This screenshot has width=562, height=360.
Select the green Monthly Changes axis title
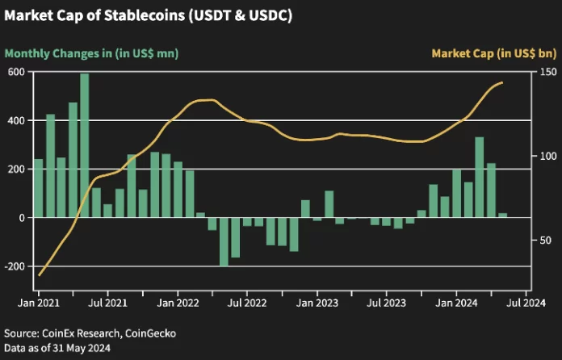[91, 53]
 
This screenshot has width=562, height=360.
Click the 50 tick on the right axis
[545, 241]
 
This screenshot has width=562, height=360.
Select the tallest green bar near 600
[85, 145]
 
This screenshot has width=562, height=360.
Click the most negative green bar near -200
[224, 241]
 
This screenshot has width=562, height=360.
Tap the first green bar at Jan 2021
[38, 188]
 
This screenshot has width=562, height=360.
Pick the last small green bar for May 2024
[502, 216]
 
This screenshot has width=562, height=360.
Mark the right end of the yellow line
[502, 82]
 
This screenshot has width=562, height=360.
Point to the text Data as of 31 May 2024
[57, 348]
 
